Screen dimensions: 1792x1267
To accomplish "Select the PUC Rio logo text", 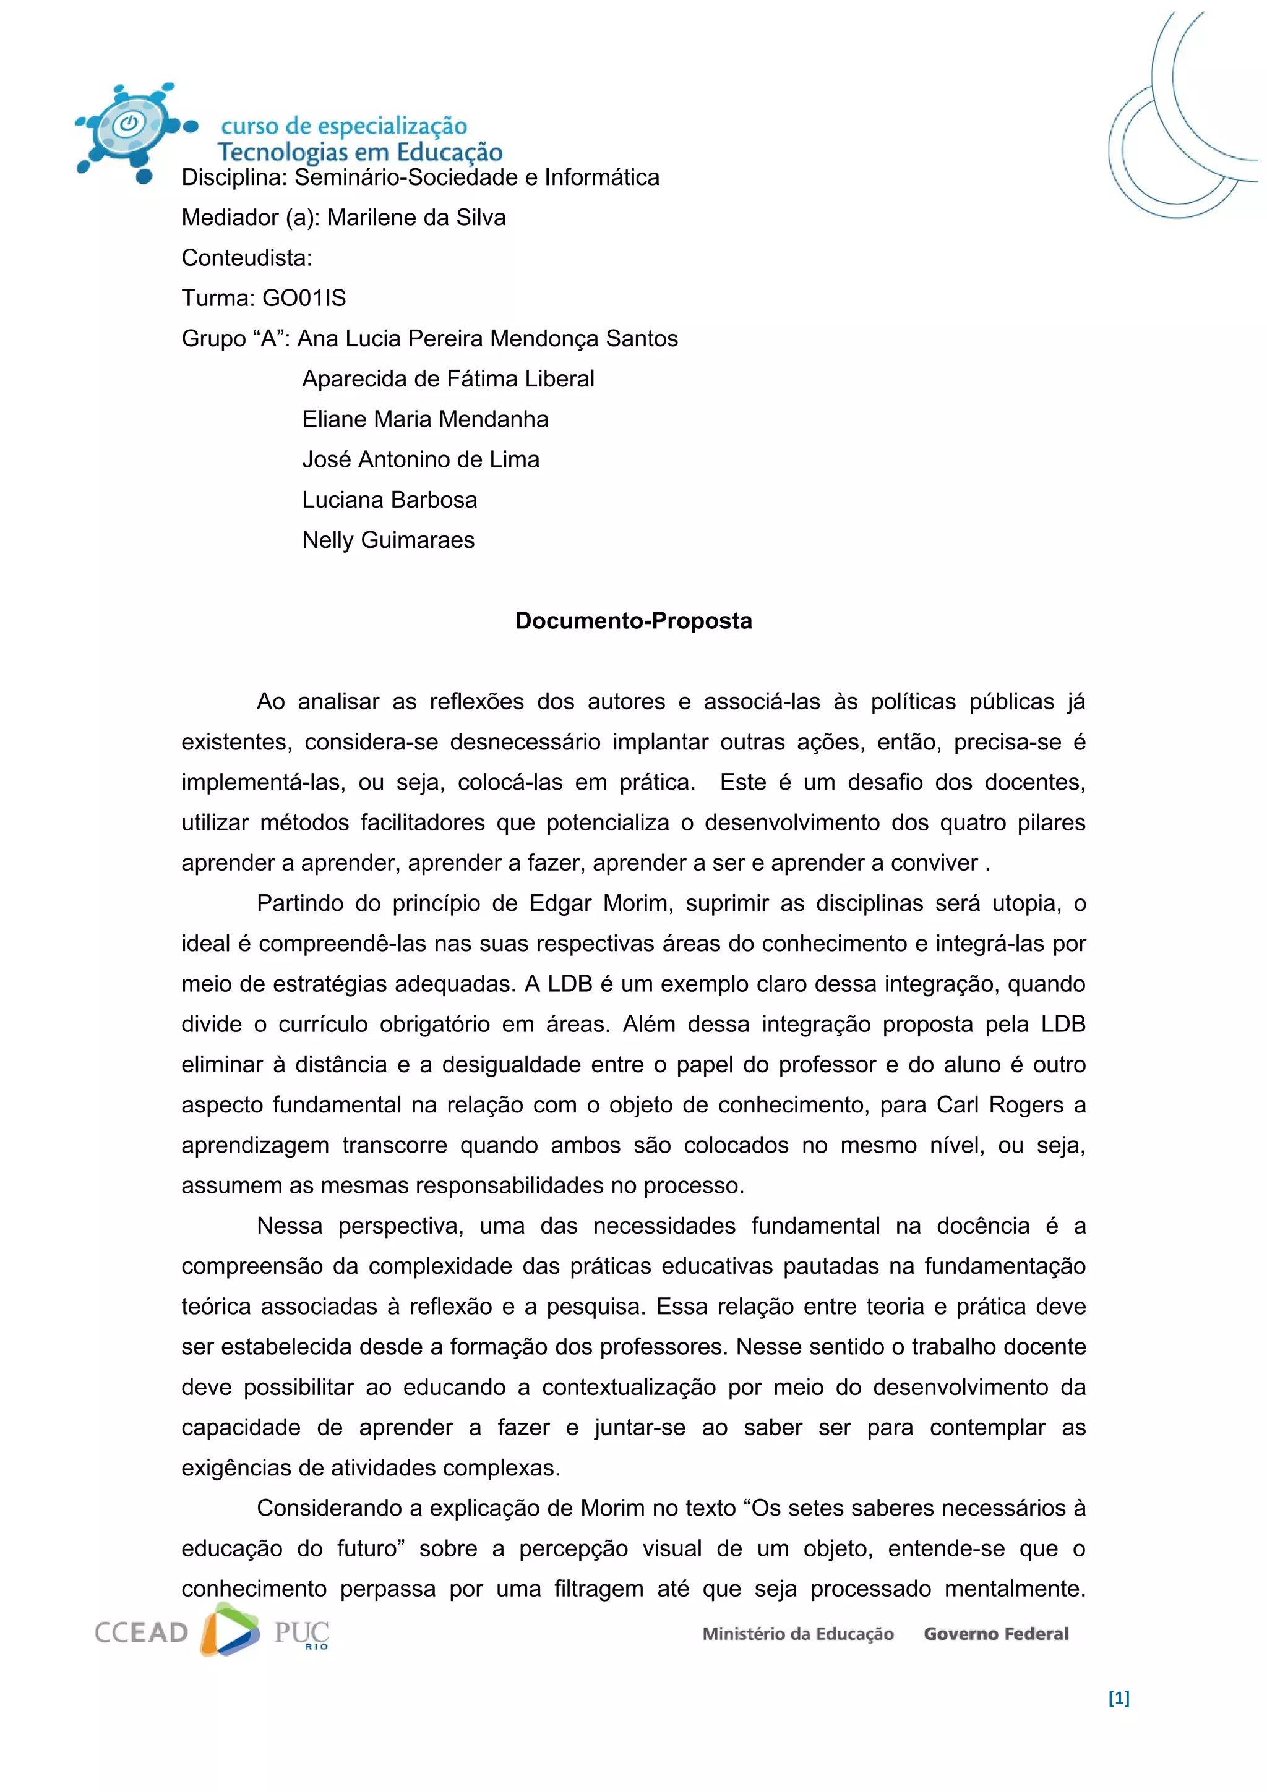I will (301, 1633).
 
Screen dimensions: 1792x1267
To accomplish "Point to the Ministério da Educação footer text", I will (798, 1634).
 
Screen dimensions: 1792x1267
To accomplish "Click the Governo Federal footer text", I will (995, 1634).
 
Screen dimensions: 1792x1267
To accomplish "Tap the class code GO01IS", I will (304, 298).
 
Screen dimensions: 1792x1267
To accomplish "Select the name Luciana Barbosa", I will (390, 500).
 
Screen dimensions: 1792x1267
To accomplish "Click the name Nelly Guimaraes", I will (388, 540).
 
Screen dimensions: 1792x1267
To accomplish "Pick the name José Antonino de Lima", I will (421, 459).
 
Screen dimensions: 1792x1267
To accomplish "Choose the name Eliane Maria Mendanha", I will (426, 419).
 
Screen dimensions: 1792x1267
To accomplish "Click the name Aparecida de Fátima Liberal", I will (448, 378).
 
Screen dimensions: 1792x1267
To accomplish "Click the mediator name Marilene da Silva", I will (416, 217).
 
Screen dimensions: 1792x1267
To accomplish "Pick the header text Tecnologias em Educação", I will (360, 152).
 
